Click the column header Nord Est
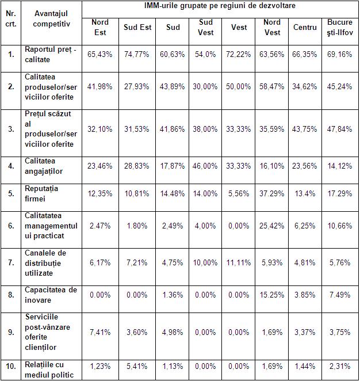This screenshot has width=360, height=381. click(100, 28)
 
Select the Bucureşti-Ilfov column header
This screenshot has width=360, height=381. click(339, 28)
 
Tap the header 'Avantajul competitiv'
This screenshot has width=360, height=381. click(52, 19)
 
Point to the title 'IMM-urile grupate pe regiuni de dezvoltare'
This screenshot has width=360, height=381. click(220, 7)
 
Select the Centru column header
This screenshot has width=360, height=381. click(304, 28)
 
